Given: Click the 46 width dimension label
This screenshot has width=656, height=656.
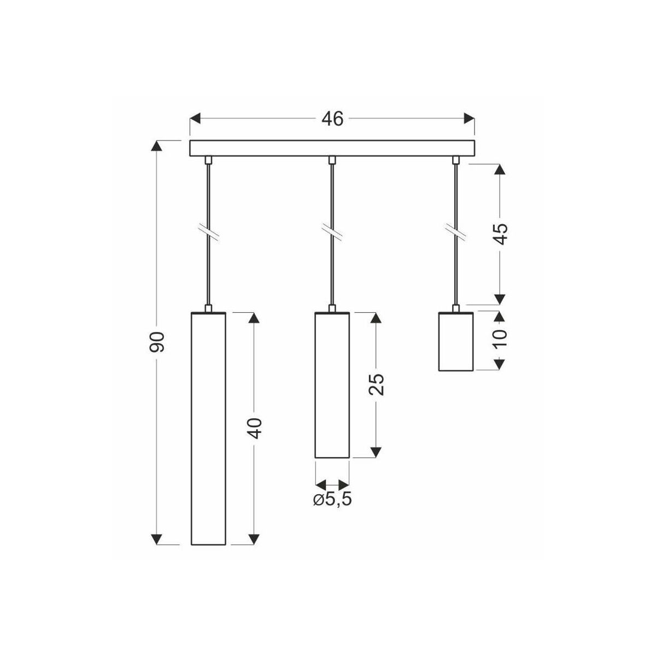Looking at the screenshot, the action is pyautogui.click(x=332, y=119).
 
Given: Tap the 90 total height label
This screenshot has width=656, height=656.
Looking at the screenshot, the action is pyautogui.click(x=157, y=342).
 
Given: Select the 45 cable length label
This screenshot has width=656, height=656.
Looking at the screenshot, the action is pyautogui.click(x=500, y=234).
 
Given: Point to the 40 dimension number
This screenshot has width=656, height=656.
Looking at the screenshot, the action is pyautogui.click(x=254, y=428).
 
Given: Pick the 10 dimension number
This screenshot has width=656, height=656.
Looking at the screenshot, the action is pyautogui.click(x=500, y=338).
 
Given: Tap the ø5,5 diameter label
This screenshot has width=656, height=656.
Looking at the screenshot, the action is pyautogui.click(x=332, y=500).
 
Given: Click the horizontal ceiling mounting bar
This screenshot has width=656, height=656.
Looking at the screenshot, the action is pyautogui.click(x=332, y=148).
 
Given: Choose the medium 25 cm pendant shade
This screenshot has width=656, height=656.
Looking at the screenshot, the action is pyautogui.click(x=332, y=385).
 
